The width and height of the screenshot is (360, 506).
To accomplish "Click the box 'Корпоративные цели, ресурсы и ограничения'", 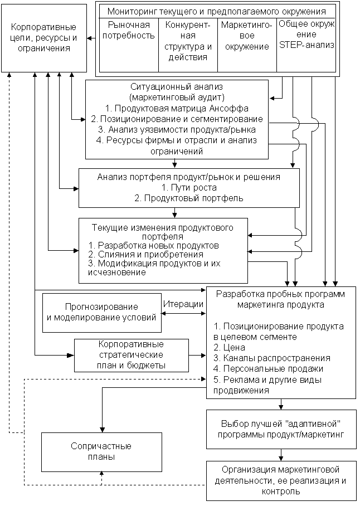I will (43, 38).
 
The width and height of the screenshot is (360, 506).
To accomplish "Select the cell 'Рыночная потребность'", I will (129, 31).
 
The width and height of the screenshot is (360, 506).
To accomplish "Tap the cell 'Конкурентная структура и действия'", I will (188, 41).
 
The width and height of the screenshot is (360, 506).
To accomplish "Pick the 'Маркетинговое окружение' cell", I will (247, 36).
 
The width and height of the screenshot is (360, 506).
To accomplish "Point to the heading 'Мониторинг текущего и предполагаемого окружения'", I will (217, 11).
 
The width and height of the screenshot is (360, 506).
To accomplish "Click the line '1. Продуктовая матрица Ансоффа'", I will (177, 108).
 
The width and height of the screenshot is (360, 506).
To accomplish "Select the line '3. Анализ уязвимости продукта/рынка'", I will (177, 129).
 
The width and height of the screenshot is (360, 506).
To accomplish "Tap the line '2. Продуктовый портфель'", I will (188, 198).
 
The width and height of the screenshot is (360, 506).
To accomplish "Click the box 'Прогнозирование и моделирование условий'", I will (101, 312).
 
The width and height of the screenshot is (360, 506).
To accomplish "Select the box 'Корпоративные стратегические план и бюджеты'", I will (130, 355).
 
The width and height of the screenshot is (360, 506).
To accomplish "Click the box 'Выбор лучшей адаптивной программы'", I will (281, 429).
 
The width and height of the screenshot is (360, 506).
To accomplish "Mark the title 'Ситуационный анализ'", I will (176, 87).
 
